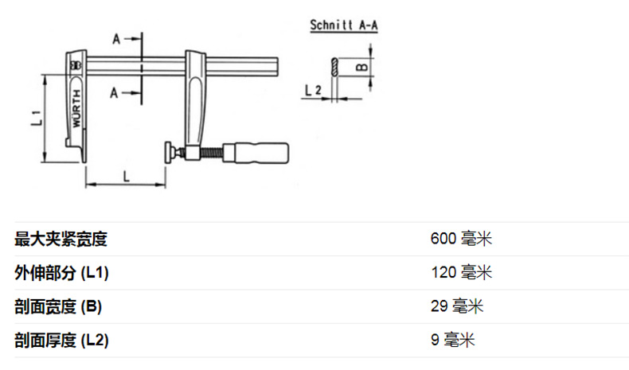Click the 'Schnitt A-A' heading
[x=344, y=25]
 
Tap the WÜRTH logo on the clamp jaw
[x=76, y=108]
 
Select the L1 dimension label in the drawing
[x=36, y=118]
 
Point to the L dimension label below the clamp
[x=127, y=176]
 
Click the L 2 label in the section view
[x=313, y=90]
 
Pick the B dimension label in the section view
[x=361, y=67]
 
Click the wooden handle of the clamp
[x=256, y=153]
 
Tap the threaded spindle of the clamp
[x=212, y=153]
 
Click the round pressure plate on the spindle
[x=168, y=152]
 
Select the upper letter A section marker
[x=116, y=39]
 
